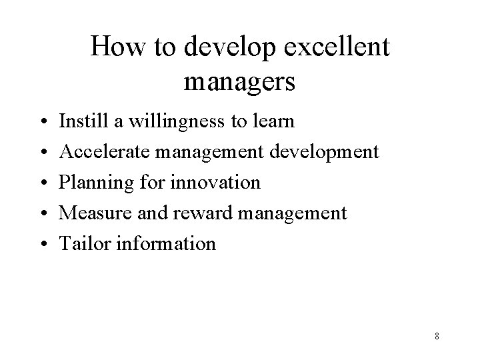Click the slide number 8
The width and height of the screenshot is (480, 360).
(x=436, y=336)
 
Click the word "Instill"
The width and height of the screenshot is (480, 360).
(x=78, y=122)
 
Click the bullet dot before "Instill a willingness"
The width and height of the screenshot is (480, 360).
(x=42, y=123)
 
